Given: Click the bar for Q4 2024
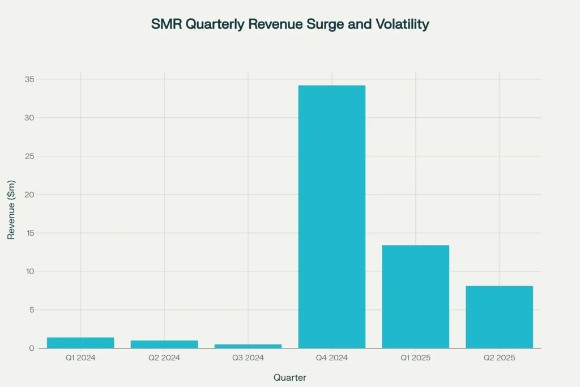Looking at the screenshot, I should pyautogui.click(x=331, y=216).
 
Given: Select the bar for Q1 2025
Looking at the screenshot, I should pyautogui.click(x=415, y=296).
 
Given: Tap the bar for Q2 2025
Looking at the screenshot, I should pyautogui.click(x=499, y=317).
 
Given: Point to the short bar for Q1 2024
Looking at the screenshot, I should pyautogui.click(x=80, y=343).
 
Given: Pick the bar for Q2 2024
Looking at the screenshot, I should pyautogui.click(x=164, y=344).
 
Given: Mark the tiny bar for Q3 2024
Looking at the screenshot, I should pyautogui.click(x=248, y=346).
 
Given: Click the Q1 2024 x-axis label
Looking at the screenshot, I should pyautogui.click(x=80, y=358).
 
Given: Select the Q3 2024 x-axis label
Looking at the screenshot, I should pyautogui.click(x=248, y=358).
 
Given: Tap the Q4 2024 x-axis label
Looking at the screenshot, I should pyautogui.click(x=331, y=358).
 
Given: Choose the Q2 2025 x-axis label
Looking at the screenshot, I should pyautogui.click(x=499, y=358).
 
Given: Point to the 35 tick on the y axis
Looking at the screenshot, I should pyautogui.click(x=29, y=79).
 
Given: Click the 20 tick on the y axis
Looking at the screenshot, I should pyautogui.click(x=29, y=195).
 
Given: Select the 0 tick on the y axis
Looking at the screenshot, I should pyautogui.click(x=32, y=348).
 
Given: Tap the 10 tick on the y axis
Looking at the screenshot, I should pyautogui.click(x=29, y=271).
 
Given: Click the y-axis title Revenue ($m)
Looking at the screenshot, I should pyautogui.click(x=11, y=210).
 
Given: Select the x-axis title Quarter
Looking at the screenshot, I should pyautogui.click(x=290, y=377).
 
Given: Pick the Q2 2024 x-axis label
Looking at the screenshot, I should pyautogui.click(x=164, y=358).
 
